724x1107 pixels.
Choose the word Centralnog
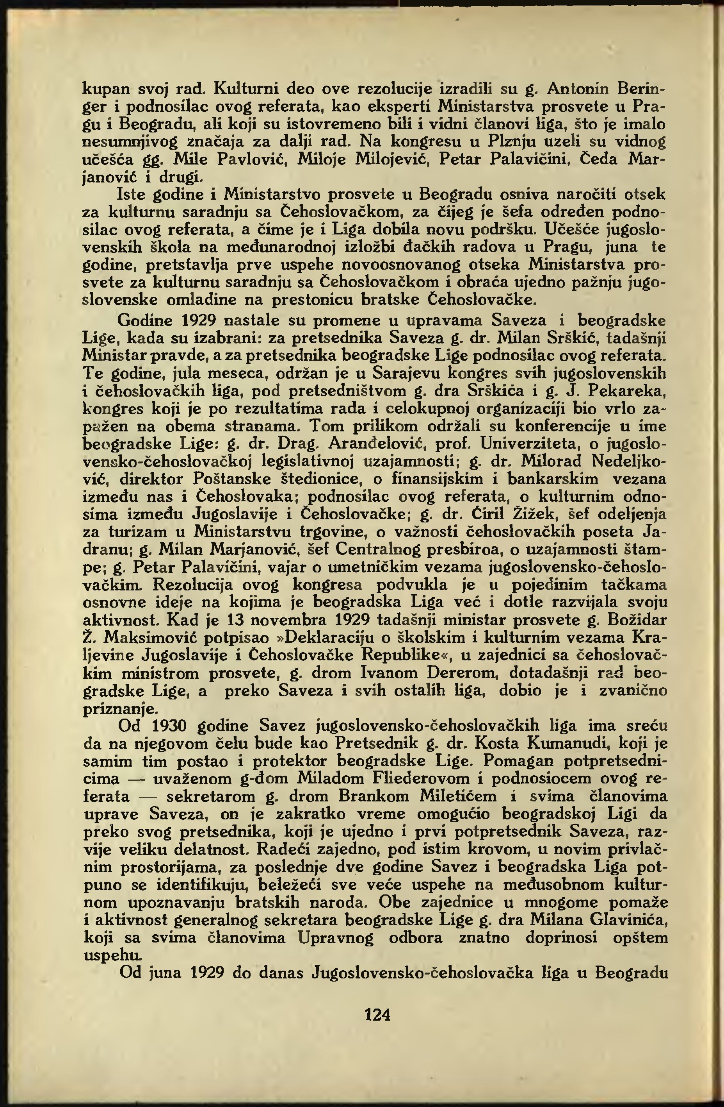click(x=373, y=550)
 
